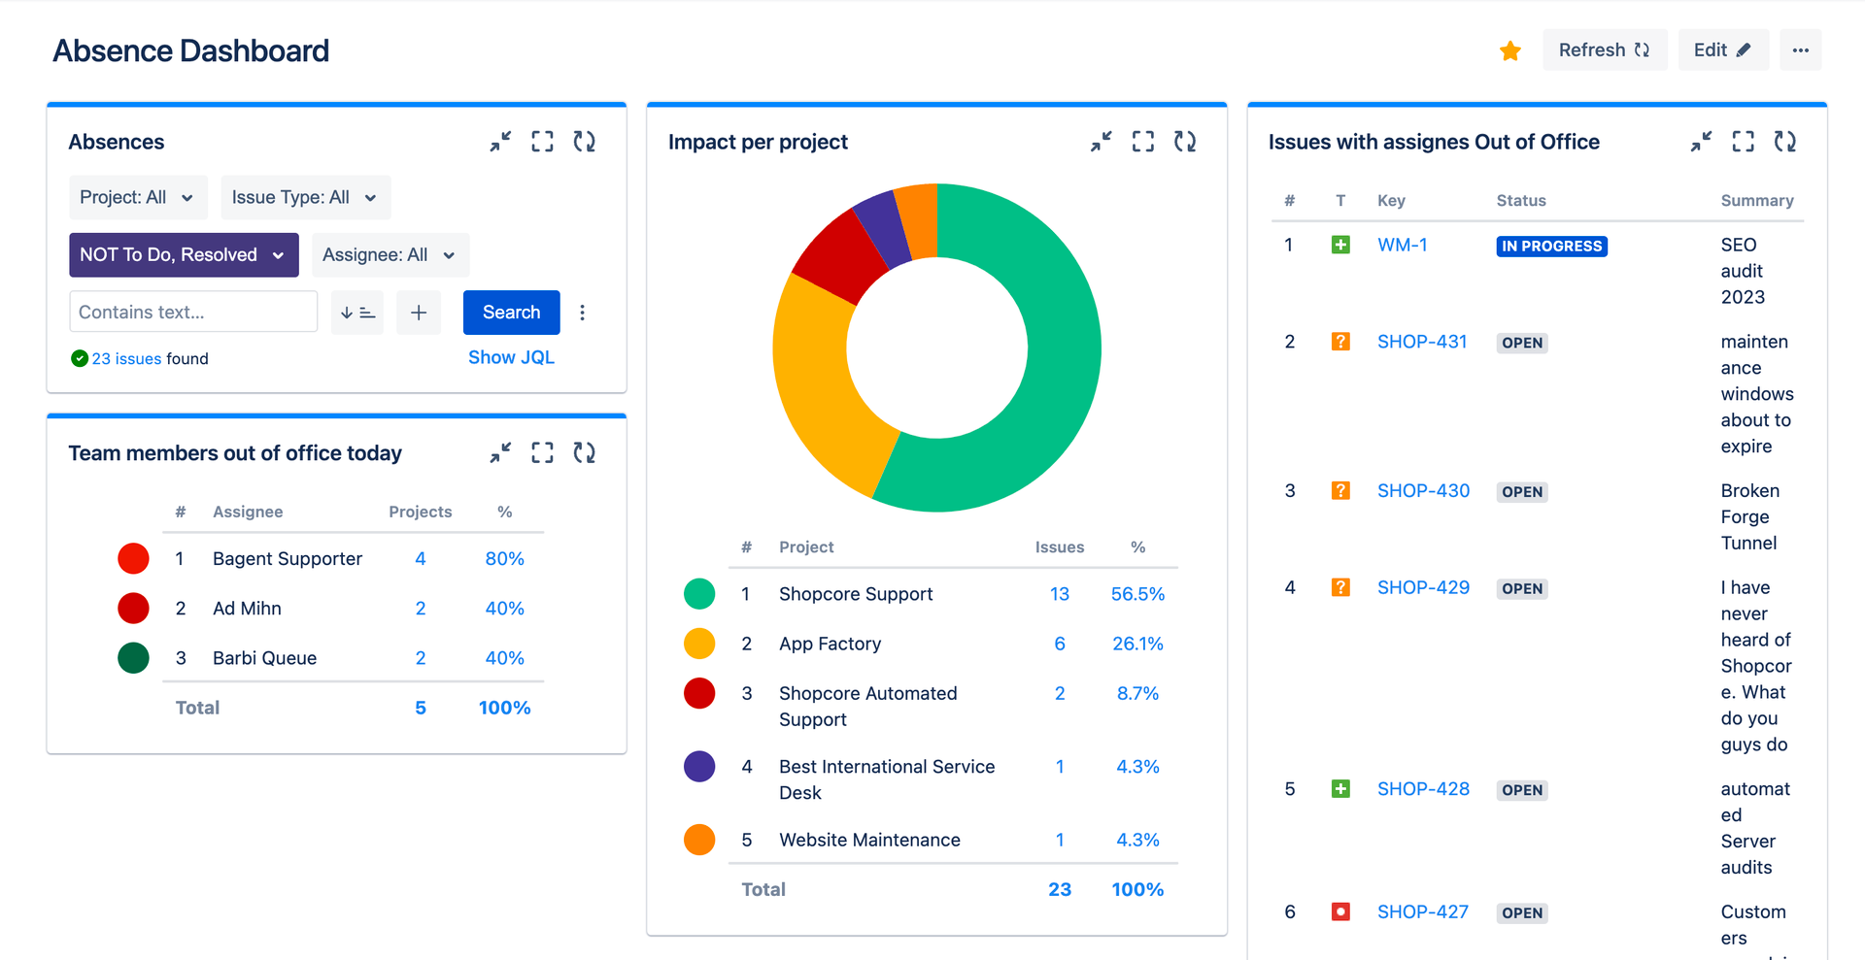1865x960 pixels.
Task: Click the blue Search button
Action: [511, 312]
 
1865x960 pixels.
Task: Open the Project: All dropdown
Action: [137, 197]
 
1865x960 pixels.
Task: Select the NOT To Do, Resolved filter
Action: [183, 254]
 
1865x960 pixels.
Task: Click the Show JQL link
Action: [511, 357]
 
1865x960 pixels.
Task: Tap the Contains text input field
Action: [192, 312]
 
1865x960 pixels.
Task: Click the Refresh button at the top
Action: [1604, 50]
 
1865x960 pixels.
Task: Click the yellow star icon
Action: [1509, 50]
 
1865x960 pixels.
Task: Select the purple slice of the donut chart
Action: [881, 228]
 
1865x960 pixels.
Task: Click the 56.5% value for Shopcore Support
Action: [1137, 594]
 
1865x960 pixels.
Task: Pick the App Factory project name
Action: [830, 644]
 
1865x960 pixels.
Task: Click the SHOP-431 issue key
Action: [1421, 342]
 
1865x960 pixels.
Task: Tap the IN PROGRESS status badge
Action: [1551, 246]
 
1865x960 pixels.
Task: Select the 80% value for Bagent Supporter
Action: [504, 558]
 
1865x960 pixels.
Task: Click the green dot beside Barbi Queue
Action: [133, 658]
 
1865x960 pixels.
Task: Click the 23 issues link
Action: [126, 358]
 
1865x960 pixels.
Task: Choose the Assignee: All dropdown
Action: [390, 254]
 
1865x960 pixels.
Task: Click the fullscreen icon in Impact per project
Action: [1142, 142]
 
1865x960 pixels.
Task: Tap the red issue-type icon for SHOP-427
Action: [1340, 911]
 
